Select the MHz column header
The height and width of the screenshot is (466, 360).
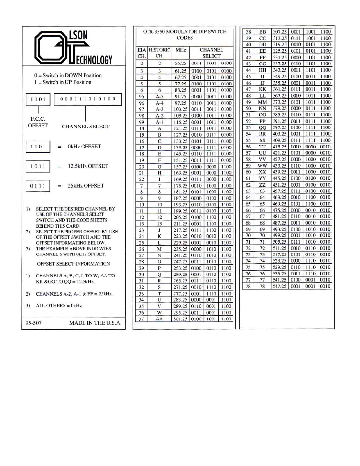[180, 53]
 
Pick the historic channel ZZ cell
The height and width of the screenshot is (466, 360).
[263, 185]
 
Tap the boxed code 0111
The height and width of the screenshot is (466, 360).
[37, 187]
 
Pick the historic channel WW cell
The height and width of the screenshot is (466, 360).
[263, 166]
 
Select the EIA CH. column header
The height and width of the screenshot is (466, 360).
[141, 53]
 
